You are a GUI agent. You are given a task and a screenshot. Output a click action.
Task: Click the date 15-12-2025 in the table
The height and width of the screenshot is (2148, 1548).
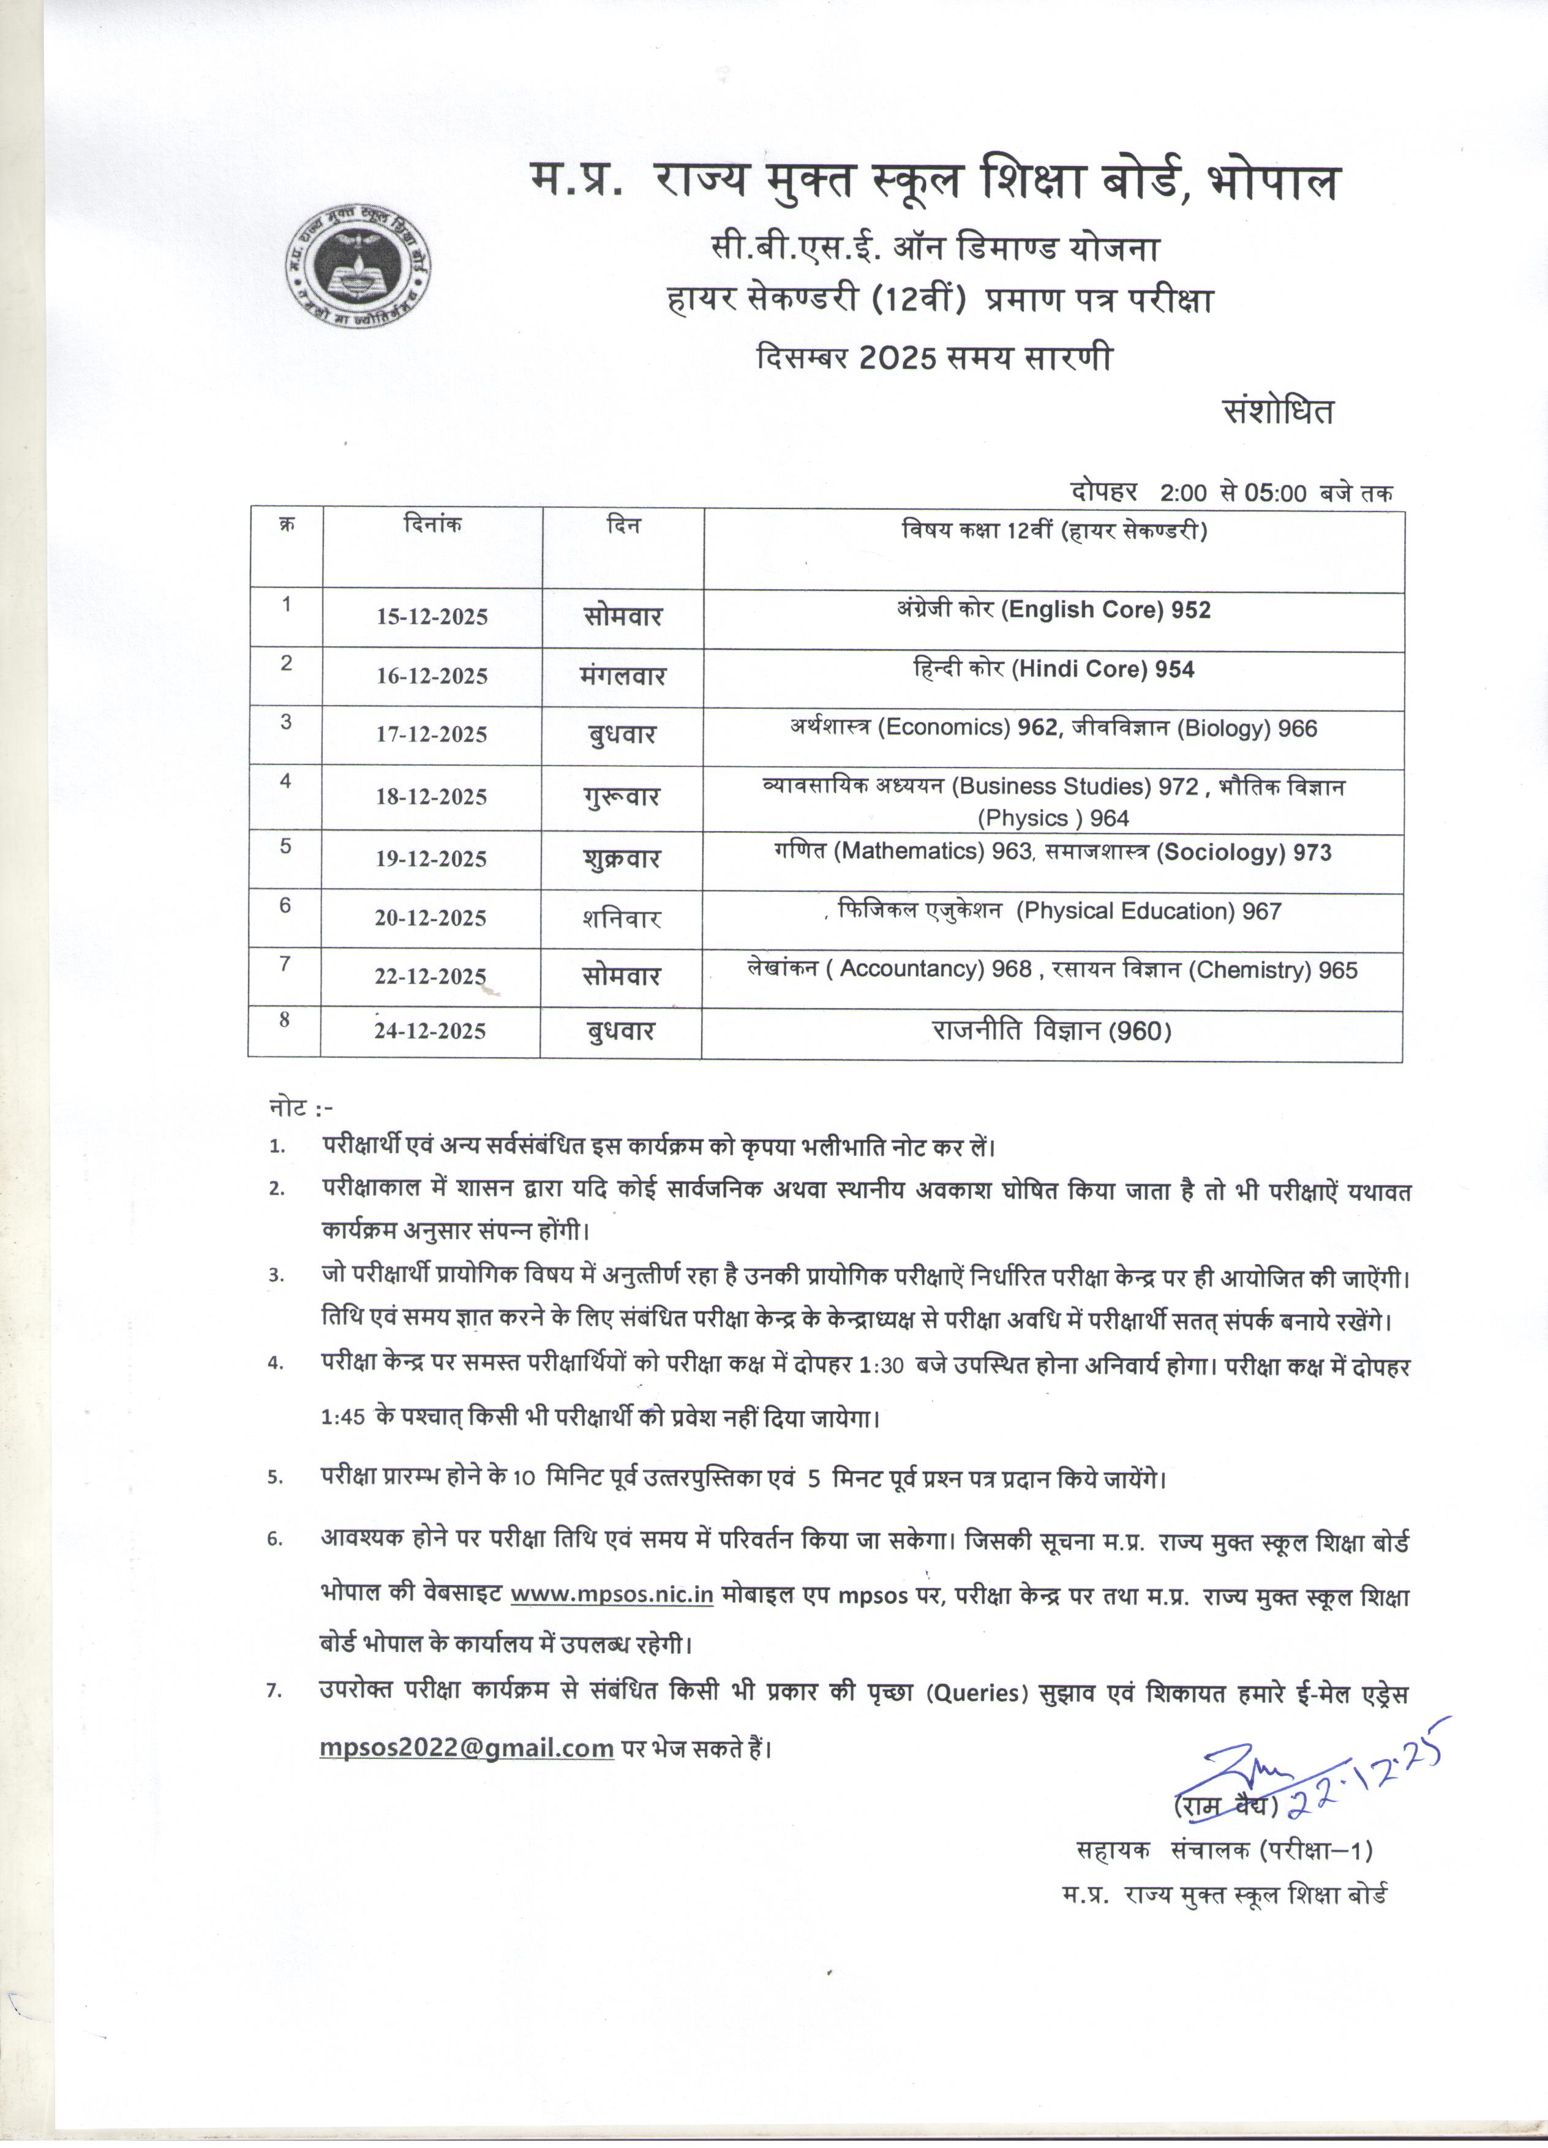[432, 617]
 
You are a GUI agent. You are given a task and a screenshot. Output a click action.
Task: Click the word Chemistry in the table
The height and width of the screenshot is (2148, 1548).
[1252, 970]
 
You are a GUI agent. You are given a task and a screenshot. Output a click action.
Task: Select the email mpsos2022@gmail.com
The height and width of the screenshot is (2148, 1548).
[467, 1747]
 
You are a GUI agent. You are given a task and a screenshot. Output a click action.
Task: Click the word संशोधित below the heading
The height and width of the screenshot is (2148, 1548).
[1278, 412]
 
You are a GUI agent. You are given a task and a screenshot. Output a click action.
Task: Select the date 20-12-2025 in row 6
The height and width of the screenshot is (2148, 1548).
[431, 918]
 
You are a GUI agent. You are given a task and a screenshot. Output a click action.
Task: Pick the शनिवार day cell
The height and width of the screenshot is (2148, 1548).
[621, 919]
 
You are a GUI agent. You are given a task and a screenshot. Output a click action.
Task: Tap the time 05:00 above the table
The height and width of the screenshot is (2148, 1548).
[1276, 492]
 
